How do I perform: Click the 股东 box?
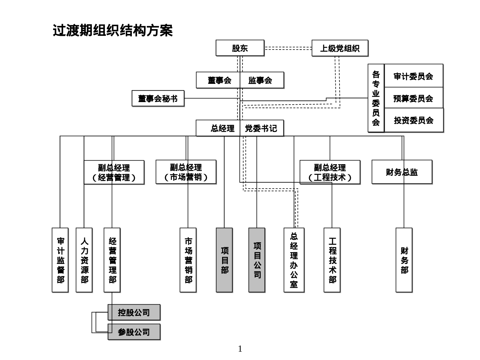click(240, 48)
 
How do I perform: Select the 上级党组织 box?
click(340, 48)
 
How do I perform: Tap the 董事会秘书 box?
click(158, 98)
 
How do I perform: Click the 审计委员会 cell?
click(413, 76)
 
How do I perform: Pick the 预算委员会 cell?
click(413, 98)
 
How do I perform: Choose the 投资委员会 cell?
click(413, 120)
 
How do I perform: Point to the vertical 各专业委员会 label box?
click(376, 98)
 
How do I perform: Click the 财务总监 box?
click(402, 172)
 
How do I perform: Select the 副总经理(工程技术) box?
click(330, 172)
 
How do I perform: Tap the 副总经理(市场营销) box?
click(186, 172)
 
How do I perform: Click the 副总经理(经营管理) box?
click(114, 172)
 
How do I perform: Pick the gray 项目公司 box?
click(257, 260)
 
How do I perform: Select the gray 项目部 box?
click(224, 260)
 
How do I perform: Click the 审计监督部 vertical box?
click(60, 260)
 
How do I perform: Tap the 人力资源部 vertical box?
click(84, 260)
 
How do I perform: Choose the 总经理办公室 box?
click(294, 260)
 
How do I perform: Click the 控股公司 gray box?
click(134, 312)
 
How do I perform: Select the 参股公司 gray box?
click(134, 332)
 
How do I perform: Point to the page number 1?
click(240, 349)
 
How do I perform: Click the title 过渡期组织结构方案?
click(113, 31)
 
